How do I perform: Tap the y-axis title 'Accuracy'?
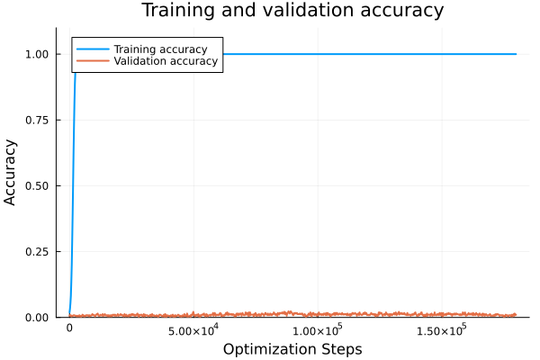[x=11, y=171]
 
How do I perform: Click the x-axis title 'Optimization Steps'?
[x=292, y=348]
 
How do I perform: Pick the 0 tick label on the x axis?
[x=69, y=330]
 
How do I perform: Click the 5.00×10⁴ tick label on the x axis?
[x=193, y=330]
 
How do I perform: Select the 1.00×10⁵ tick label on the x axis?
[x=318, y=330]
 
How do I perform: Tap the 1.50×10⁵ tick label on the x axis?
[x=442, y=330]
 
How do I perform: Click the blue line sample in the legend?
[x=92, y=49]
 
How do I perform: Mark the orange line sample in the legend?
[x=92, y=62]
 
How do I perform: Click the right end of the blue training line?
[x=516, y=54]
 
